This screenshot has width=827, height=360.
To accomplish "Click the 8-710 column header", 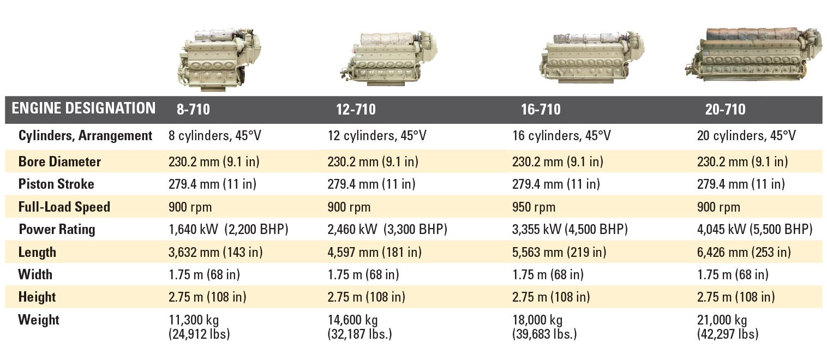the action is click(x=193, y=109).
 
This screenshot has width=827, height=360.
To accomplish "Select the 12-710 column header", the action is click(x=356, y=109).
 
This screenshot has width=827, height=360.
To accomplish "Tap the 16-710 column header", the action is click(x=541, y=109).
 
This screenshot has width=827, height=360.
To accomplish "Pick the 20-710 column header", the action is click(x=725, y=109).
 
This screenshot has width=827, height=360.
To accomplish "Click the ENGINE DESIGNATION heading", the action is click(x=83, y=108).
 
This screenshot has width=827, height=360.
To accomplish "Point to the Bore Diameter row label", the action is click(x=59, y=161).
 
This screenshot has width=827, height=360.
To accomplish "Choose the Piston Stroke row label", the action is click(x=56, y=184).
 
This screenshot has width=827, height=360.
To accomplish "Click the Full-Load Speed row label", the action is click(x=64, y=207).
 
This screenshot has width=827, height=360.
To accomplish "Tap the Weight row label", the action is click(x=38, y=320).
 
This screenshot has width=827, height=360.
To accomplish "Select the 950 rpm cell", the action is click(x=534, y=207).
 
